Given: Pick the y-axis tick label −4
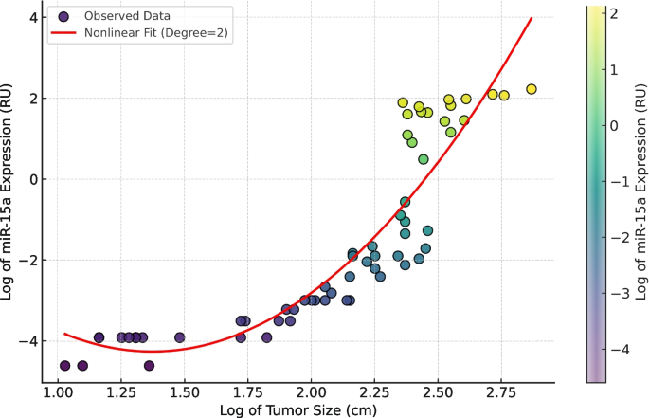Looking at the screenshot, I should [x=29, y=340].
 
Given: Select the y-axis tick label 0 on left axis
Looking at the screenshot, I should [x=33, y=179].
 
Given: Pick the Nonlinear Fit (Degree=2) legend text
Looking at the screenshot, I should [x=155, y=34].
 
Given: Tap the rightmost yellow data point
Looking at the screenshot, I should [x=532, y=89].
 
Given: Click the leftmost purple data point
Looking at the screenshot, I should [x=65, y=365].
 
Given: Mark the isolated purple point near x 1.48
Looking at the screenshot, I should [x=180, y=337].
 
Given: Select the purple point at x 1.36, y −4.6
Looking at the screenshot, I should [x=150, y=365].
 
